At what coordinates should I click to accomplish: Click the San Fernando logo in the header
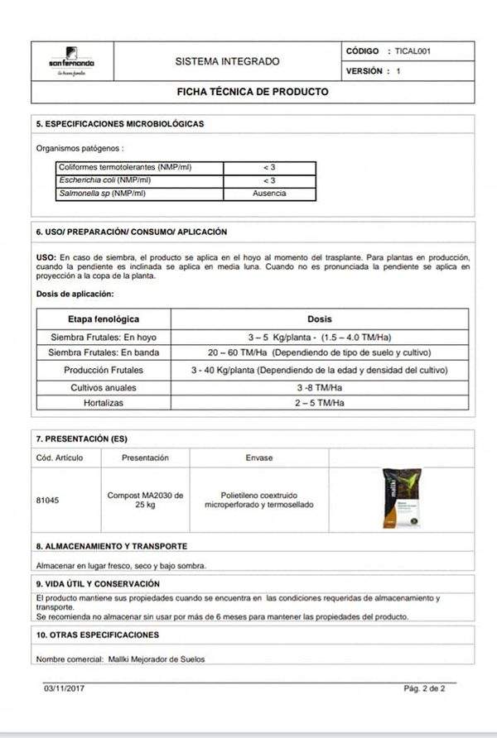(x=71, y=61)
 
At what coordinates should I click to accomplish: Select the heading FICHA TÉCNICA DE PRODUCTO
(x=253, y=92)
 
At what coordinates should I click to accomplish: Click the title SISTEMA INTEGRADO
(x=228, y=61)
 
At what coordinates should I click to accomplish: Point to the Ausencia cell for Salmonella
(x=269, y=193)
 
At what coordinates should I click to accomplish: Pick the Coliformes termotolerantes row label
(x=124, y=167)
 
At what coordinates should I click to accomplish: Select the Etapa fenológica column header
(x=104, y=319)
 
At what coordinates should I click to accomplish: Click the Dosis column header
(x=319, y=319)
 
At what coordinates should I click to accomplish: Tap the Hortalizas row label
(x=104, y=403)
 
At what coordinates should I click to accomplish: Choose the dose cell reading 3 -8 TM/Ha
(x=320, y=386)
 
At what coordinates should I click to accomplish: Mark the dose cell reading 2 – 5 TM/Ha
(x=319, y=403)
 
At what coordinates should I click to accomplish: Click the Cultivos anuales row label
(x=104, y=386)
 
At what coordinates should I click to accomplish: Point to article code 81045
(x=48, y=500)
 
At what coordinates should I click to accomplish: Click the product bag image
(x=402, y=498)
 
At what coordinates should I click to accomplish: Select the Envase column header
(x=258, y=458)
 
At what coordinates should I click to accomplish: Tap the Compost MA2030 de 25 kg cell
(x=145, y=500)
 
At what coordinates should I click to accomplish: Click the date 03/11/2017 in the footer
(x=64, y=688)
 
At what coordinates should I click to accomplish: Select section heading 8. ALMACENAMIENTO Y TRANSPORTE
(x=112, y=546)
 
